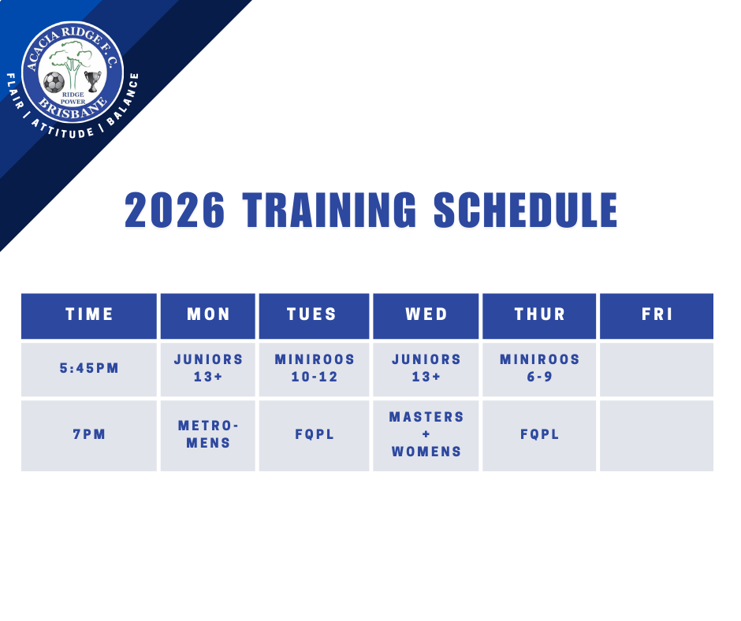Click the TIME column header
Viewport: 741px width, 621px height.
point(89,316)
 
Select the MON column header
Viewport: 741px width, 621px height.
point(208,316)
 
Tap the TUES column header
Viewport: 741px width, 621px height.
point(314,316)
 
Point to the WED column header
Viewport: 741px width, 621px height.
point(426,316)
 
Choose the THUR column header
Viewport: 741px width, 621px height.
point(539,316)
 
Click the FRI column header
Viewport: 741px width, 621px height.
point(657,316)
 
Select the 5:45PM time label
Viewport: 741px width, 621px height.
point(89,368)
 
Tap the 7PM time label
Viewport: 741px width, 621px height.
point(89,434)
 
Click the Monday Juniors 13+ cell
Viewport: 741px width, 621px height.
point(208,370)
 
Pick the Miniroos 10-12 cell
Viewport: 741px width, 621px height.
point(314,370)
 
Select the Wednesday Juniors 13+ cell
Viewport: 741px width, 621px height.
point(426,370)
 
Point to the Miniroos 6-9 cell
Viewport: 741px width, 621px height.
point(539,370)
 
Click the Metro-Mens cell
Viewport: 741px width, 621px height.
point(208,436)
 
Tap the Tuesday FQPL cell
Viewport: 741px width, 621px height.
point(314,436)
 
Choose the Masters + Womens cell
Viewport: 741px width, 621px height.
point(426,436)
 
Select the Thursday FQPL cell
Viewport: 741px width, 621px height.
point(539,436)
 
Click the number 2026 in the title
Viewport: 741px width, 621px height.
point(174,210)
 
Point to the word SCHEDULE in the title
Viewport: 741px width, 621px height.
point(526,210)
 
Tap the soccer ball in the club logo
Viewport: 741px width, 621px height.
point(54,82)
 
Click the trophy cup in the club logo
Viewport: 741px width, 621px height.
point(93,81)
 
